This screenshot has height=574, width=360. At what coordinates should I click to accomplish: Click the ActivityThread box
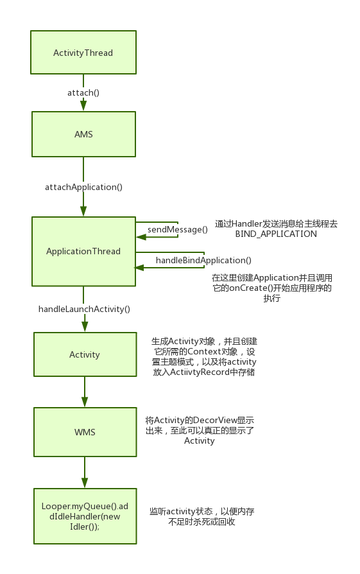point(83,53)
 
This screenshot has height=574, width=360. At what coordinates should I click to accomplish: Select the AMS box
point(84,134)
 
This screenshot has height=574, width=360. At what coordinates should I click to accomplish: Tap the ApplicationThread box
point(84,252)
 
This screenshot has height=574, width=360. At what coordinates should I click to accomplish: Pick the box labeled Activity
point(85,354)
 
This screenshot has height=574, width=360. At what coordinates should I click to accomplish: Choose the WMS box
point(85,432)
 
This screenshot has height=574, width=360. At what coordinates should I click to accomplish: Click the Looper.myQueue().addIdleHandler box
point(85,516)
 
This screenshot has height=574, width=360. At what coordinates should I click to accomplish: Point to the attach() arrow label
point(83,92)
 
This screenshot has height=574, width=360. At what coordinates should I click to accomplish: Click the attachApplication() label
point(84,187)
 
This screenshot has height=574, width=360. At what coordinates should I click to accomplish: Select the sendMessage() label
point(178,229)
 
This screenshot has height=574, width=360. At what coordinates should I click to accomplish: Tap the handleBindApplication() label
point(203,260)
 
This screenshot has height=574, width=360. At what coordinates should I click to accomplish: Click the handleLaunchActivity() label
point(84,309)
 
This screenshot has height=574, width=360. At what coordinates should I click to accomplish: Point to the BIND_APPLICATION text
point(276,234)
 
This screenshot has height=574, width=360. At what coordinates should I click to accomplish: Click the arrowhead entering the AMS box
point(83,105)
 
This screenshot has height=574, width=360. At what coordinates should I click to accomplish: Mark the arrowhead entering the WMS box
point(85,401)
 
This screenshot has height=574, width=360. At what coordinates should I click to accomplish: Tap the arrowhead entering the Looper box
point(85,482)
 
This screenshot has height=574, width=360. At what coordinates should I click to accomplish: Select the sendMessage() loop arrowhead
point(141,237)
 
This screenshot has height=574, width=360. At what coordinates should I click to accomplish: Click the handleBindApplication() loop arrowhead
point(139,268)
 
